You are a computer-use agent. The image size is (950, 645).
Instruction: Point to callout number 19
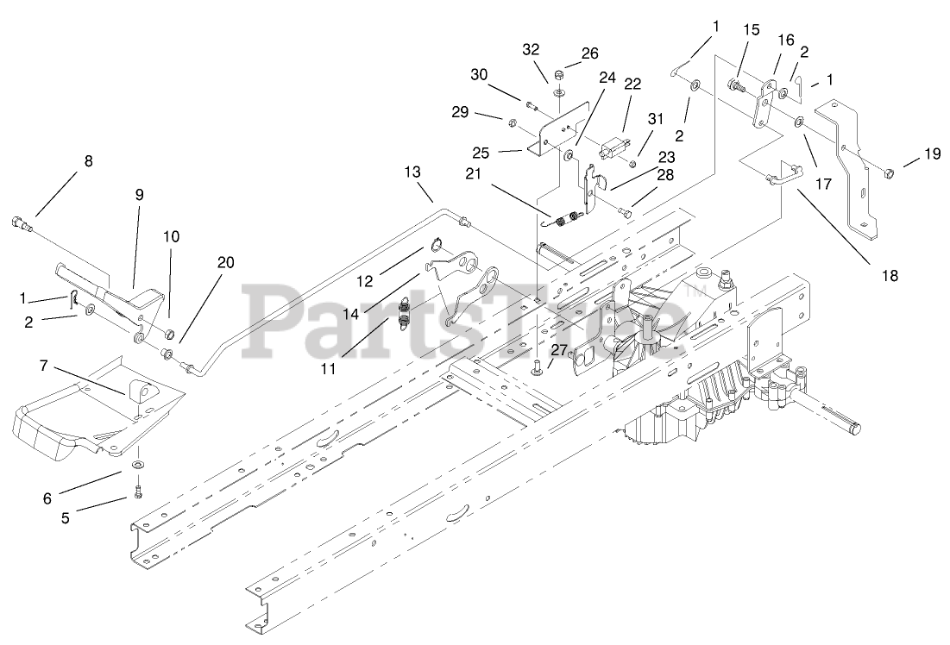coord(932,155)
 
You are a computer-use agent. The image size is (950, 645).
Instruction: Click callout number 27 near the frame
coord(559,349)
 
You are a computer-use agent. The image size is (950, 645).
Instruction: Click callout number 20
coord(225,262)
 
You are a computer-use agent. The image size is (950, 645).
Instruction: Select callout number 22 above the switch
coord(632,84)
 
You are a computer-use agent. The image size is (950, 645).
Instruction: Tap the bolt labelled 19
coord(890,174)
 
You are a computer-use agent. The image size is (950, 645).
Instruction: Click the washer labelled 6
coord(137,466)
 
